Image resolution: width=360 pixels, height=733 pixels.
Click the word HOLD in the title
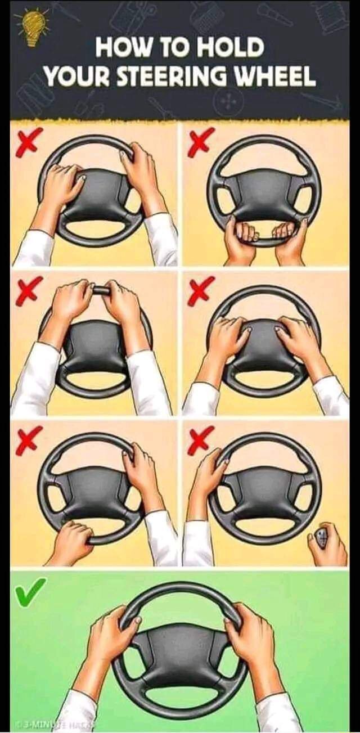231,48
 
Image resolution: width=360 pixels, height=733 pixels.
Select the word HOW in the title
121,48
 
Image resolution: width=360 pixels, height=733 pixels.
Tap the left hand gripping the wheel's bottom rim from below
240,239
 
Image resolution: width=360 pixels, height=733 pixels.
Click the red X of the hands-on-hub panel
200,291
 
